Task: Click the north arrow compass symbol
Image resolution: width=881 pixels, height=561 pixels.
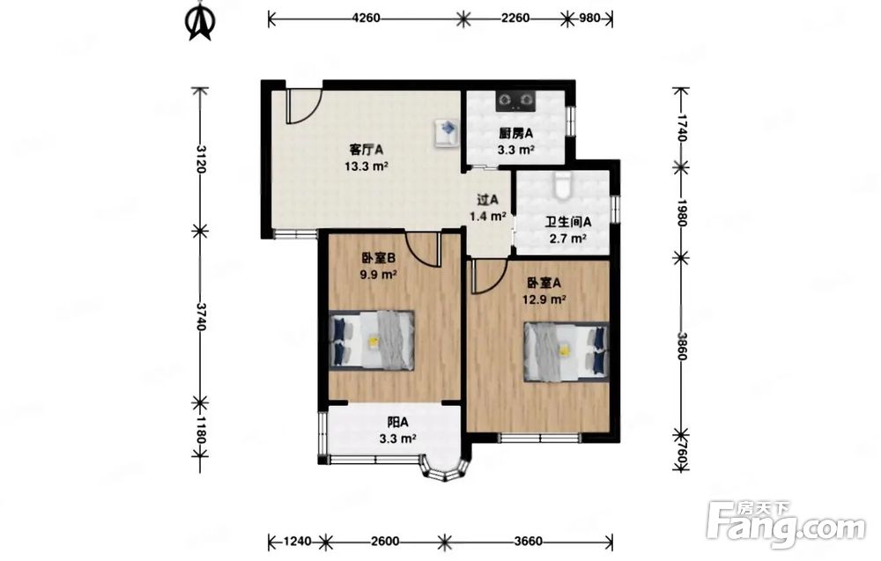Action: [x=199, y=23]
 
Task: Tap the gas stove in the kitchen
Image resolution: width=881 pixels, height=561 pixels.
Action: [x=515, y=100]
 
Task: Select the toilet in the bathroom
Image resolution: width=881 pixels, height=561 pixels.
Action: [x=561, y=185]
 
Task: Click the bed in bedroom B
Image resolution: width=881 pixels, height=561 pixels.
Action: [x=372, y=340]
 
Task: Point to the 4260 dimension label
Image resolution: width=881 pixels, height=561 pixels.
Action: [x=366, y=18]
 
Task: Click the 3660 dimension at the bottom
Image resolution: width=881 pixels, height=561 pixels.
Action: [x=528, y=542]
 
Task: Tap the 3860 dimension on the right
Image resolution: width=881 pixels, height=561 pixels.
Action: [x=682, y=346]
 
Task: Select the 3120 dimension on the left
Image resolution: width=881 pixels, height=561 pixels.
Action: [x=201, y=159]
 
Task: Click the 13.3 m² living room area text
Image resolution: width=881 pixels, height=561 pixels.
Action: [x=366, y=166]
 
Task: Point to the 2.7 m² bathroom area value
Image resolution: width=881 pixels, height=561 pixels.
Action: [x=568, y=238]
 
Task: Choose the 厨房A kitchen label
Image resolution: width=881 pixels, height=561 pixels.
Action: [x=515, y=134]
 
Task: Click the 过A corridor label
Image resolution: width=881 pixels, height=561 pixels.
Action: [x=488, y=199]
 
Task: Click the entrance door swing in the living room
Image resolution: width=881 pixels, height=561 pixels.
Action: [x=303, y=107]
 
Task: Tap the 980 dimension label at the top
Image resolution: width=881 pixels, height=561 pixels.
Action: [x=589, y=18]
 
